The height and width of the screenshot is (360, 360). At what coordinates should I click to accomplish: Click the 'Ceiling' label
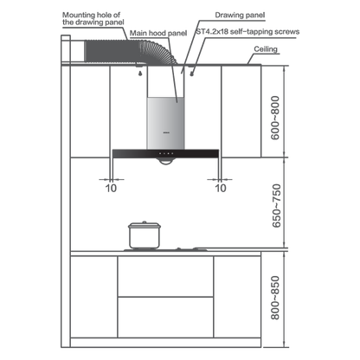(x=266, y=49)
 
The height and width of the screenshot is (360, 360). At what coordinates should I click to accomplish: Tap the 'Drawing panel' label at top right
(x=240, y=16)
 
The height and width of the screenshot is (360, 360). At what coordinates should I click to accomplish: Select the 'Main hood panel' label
(x=158, y=33)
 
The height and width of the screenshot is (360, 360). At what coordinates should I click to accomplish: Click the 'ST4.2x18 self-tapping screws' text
(x=247, y=31)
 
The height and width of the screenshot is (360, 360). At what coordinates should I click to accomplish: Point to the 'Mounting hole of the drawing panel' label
(x=93, y=18)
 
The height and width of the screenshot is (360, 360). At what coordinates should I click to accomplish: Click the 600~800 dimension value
(x=275, y=118)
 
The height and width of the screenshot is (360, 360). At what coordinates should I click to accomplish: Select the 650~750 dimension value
(x=276, y=206)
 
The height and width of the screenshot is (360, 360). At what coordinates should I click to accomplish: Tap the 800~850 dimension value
(x=275, y=298)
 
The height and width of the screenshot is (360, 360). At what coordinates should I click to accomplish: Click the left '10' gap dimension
(x=111, y=188)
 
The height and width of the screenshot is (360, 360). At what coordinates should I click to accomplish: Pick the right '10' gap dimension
(x=221, y=188)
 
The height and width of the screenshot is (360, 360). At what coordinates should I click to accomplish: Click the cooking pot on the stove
(x=145, y=235)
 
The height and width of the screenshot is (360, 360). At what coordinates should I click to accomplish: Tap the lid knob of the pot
(x=145, y=222)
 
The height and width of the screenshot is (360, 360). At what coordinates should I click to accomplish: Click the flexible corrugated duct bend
(x=159, y=53)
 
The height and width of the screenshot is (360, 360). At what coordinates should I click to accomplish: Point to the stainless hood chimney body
(x=165, y=123)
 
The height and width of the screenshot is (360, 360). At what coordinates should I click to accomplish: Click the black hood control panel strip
(x=165, y=153)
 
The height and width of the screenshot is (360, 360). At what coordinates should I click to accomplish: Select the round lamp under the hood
(x=166, y=161)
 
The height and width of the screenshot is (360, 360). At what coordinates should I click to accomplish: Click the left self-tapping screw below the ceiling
(x=140, y=74)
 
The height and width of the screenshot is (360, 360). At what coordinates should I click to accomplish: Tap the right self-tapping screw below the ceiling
(x=191, y=74)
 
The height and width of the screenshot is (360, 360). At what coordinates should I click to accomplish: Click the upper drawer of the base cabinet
(x=165, y=276)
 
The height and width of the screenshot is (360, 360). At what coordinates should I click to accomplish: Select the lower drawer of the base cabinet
(x=165, y=318)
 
